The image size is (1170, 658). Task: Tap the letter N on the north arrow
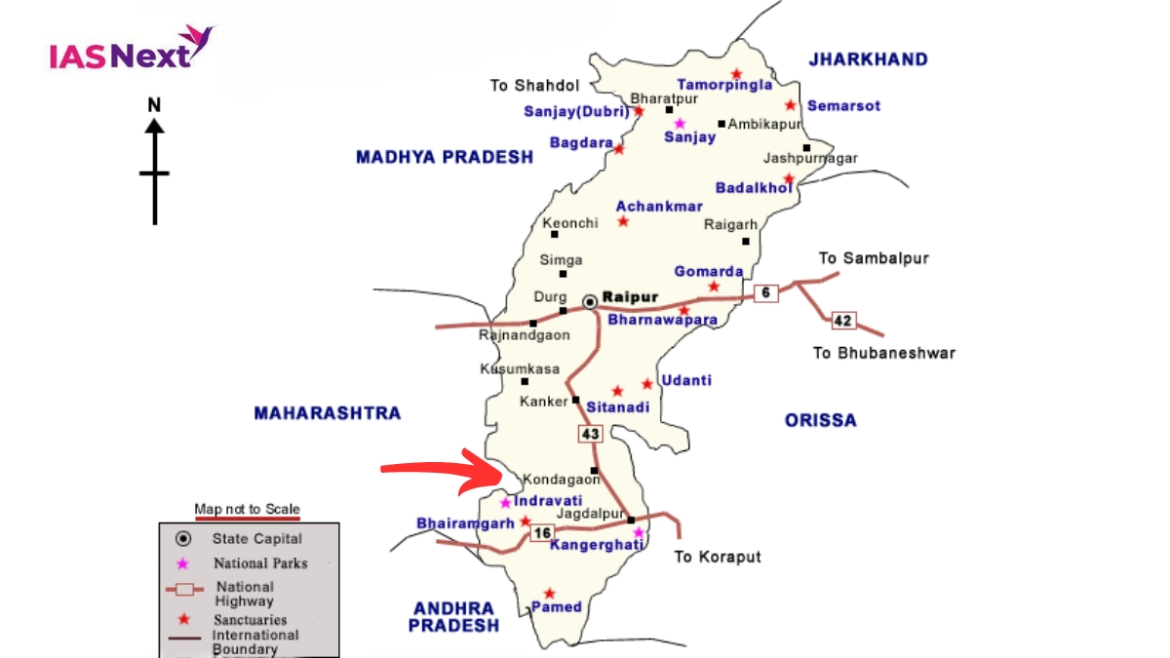click(154, 104)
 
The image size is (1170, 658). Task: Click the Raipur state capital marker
click(590, 302)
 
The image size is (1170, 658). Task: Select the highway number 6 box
click(766, 292)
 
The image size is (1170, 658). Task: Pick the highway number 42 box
click(843, 320)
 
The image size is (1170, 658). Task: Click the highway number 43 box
click(591, 432)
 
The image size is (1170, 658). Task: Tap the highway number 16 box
click(542, 532)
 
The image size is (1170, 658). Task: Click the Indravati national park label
click(548, 501)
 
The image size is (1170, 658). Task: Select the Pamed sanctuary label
click(557, 606)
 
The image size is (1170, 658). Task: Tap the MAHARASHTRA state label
click(328, 413)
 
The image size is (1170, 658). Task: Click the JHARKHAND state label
click(868, 59)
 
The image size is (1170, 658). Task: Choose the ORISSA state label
click(821, 420)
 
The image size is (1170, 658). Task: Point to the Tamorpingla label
click(724, 85)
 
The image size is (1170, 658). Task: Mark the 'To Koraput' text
click(718, 558)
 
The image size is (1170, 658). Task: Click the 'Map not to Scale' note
click(247, 509)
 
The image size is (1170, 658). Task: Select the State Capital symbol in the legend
click(182, 538)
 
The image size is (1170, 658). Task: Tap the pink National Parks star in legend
click(182, 562)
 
